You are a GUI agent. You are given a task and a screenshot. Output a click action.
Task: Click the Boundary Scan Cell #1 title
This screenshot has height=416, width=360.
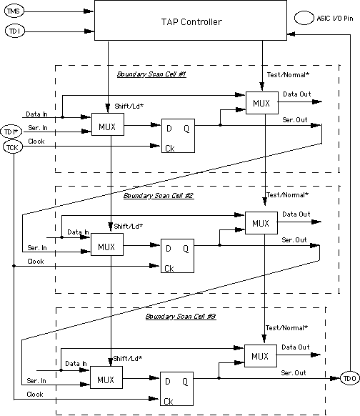(x=151, y=74)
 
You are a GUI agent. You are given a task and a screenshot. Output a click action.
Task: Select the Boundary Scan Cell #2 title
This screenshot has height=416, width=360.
(x=159, y=196)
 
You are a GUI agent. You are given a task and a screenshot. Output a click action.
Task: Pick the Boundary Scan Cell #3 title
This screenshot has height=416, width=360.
(x=181, y=317)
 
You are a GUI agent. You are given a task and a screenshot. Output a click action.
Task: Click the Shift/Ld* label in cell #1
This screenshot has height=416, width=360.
(x=129, y=107)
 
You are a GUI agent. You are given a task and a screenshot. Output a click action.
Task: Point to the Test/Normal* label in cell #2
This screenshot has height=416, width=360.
(x=287, y=195)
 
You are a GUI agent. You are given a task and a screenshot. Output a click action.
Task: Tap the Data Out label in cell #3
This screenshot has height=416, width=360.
(x=296, y=347)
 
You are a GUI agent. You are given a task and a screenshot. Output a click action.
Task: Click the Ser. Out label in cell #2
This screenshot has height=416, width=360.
(x=294, y=240)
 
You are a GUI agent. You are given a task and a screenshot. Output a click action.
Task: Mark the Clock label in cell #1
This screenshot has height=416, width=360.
(x=36, y=142)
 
